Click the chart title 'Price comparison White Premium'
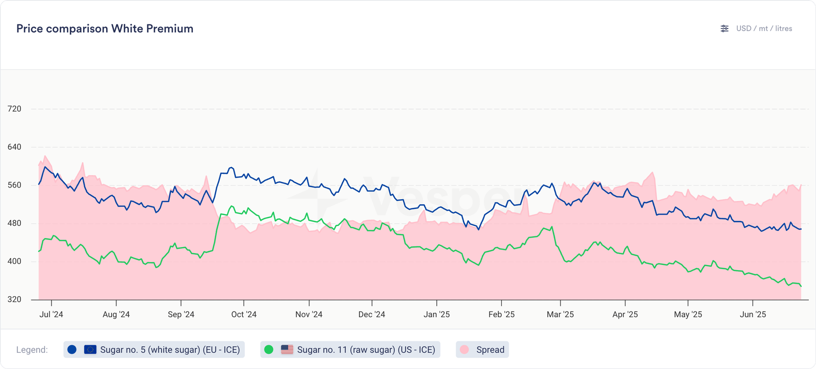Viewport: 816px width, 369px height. [x=105, y=29]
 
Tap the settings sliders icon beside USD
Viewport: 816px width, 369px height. [x=724, y=29]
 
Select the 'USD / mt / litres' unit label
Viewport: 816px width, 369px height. [x=764, y=29]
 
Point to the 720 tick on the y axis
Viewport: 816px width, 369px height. [x=14, y=109]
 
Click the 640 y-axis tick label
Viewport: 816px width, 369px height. [x=14, y=147]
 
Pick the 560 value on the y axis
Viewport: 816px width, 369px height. [x=14, y=185]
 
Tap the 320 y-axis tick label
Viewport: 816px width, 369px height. [x=14, y=299]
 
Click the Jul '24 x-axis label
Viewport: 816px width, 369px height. [x=51, y=314]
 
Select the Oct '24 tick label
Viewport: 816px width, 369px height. [x=244, y=314]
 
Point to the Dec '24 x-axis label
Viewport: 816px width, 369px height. [x=372, y=314]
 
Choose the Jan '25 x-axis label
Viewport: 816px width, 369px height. [x=437, y=314]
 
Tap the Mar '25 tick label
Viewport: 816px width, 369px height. [x=560, y=314]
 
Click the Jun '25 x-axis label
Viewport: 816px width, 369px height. [x=753, y=314]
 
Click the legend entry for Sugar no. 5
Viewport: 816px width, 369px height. [x=154, y=350]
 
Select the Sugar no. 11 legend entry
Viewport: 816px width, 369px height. [x=350, y=350]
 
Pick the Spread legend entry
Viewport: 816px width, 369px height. [x=482, y=350]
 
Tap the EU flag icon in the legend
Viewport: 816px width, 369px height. [x=90, y=350]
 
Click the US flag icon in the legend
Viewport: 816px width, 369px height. [x=287, y=350]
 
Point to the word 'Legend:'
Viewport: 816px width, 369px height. [x=32, y=350]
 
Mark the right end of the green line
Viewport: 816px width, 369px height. [x=801, y=286]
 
